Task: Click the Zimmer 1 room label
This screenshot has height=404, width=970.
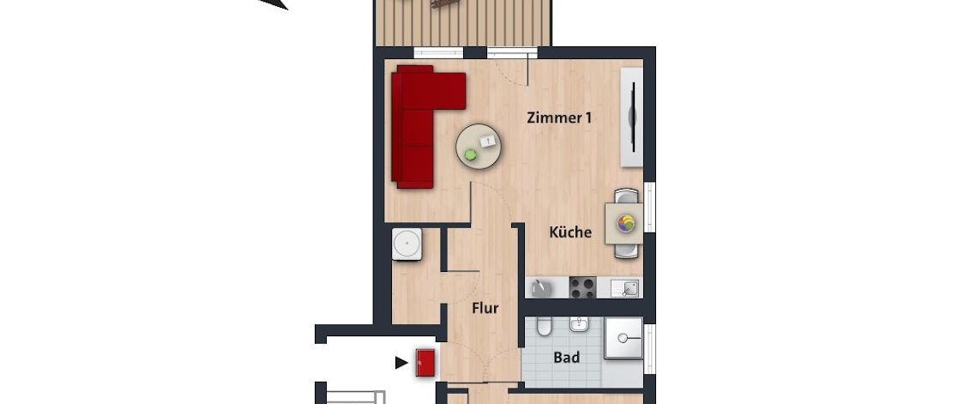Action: [x=559, y=118]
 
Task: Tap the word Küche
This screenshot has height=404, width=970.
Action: [x=570, y=232]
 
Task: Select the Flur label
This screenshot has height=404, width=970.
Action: [x=485, y=309]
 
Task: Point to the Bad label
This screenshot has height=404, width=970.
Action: [x=566, y=358]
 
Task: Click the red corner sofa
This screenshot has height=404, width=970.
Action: [x=416, y=129]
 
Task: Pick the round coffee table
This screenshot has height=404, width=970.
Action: [x=480, y=148]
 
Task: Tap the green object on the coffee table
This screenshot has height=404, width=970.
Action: [x=470, y=156]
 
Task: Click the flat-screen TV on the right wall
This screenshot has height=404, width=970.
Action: [x=633, y=116]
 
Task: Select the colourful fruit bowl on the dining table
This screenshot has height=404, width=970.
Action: [x=625, y=223]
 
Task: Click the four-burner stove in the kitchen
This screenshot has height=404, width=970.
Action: [x=583, y=287]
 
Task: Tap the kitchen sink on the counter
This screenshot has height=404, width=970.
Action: [x=624, y=288]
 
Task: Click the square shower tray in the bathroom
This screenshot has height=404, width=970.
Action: [x=624, y=338]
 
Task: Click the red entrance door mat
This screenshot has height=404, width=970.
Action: [x=425, y=362]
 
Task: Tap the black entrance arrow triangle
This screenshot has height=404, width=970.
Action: [x=401, y=363]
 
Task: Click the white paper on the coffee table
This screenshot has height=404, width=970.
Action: [x=489, y=140]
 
